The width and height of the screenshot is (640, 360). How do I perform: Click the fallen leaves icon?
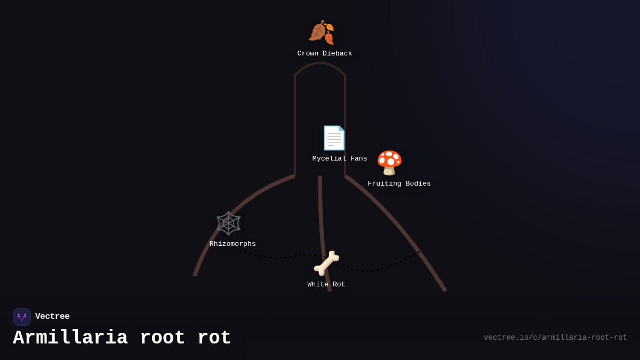[321, 32]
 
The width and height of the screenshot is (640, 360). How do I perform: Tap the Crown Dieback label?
[324, 54]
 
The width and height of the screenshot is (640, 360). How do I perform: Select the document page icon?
[334, 138]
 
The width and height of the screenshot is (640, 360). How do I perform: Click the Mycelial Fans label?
[340, 159]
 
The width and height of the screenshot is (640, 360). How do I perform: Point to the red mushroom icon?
[389, 163]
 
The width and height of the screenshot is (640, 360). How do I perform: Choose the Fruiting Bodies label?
[399, 184]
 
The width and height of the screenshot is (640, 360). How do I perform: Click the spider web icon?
[228, 223]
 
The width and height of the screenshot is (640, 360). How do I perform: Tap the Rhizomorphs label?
[233, 244]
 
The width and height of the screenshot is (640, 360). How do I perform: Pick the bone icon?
[326, 263]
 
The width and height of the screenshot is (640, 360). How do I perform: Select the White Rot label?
[326, 285]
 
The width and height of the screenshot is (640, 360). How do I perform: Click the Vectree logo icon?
[22, 317]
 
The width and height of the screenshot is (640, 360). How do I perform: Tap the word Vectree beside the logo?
[52, 317]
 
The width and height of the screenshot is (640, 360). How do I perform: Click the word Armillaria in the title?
[70, 338]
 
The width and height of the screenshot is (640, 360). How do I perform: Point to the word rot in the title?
[214, 338]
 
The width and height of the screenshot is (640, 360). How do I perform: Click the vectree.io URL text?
[555, 338]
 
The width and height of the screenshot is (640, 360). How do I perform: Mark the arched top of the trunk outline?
[320, 63]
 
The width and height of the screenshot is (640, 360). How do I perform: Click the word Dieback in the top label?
[337, 54]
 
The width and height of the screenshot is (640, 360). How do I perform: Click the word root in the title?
[163, 338]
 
